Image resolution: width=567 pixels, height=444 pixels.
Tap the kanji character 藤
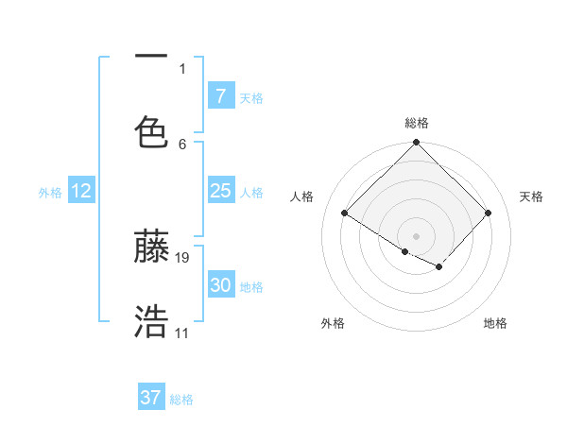tap(151, 247)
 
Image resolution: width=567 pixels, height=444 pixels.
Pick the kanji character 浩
tap(151, 322)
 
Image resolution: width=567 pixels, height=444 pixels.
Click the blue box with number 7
tap(220, 95)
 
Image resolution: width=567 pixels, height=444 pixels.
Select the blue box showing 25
tap(220, 191)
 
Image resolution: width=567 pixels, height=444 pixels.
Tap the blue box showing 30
tap(220, 285)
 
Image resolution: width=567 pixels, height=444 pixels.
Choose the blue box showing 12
tap(81, 191)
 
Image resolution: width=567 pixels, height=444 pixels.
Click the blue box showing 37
tap(151, 398)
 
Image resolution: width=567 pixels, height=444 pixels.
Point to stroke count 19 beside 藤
tap(182, 257)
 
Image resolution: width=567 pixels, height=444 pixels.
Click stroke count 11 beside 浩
tap(181, 333)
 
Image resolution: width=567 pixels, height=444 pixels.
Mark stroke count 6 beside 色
tap(182, 144)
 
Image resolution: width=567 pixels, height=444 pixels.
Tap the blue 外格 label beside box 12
tap(50, 193)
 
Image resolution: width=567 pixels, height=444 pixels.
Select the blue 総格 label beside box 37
tap(181, 400)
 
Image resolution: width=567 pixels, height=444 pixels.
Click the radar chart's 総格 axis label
tap(417, 123)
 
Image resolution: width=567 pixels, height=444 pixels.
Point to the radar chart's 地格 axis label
tap(495, 324)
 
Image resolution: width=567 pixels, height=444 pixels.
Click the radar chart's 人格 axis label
tap(302, 196)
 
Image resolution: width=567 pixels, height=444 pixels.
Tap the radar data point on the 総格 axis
tap(417, 145)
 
